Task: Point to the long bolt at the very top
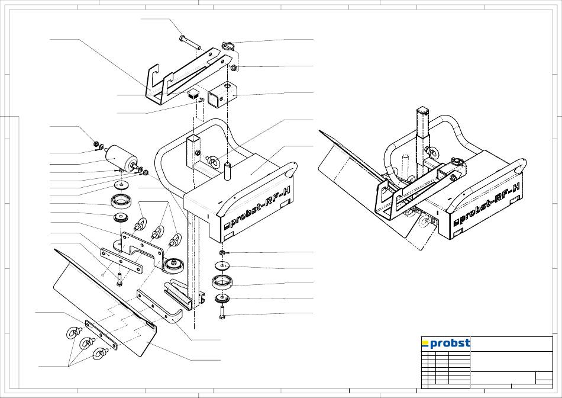pyautogui.click(x=190, y=42)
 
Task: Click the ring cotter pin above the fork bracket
pyautogui.click(x=228, y=46)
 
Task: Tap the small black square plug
pyautogui.click(x=193, y=94)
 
